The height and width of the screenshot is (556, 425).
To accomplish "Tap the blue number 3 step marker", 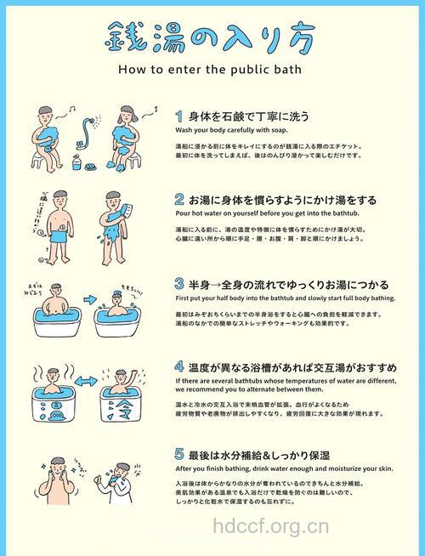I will point(179,284).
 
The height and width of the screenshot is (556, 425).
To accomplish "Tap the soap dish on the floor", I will point(86,167).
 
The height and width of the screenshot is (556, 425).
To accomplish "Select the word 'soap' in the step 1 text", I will point(278,131).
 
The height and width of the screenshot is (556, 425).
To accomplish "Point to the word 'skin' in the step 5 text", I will point(385,468).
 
